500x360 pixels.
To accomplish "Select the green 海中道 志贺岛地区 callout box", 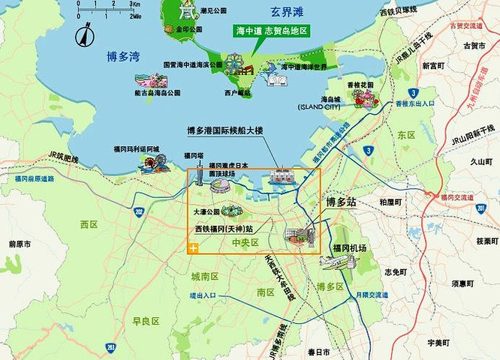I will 273,31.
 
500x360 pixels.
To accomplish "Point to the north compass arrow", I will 84,34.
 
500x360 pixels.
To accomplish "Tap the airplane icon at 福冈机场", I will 336,262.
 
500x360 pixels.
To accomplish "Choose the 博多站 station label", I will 342,202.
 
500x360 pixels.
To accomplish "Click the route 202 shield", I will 139,211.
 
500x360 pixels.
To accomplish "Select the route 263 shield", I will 110,347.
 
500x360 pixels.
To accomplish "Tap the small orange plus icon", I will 194,247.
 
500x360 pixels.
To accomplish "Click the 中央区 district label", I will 245,242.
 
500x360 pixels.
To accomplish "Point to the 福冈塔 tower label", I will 194,155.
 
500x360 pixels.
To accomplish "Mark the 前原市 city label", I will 20,244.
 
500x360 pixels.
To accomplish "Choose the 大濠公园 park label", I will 206,212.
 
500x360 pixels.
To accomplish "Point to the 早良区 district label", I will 146,320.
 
